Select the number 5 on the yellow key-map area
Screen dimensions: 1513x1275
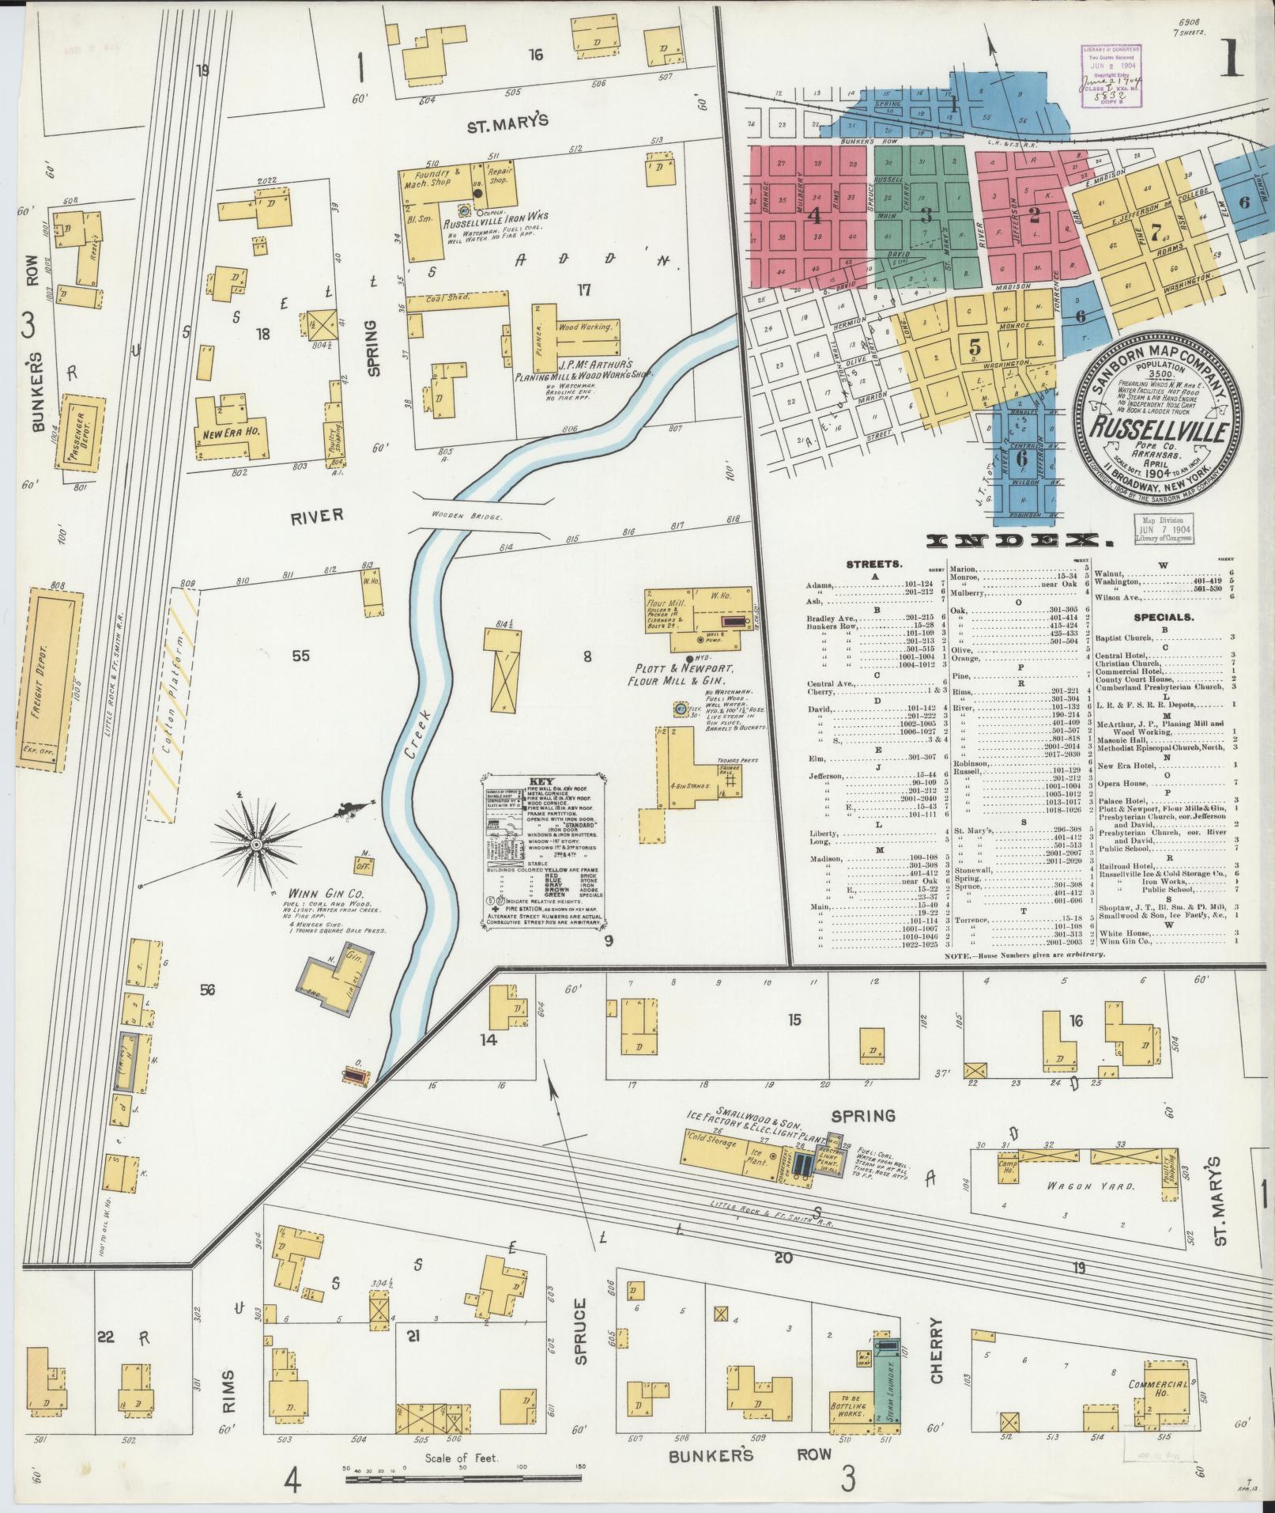(x=975, y=346)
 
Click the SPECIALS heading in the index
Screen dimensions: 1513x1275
(x=1163, y=616)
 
